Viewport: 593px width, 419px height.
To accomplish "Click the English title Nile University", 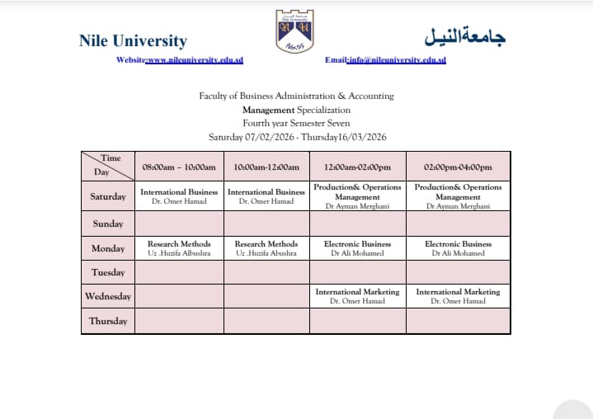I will (133, 40).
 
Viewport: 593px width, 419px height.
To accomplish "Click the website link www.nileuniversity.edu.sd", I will (194, 60).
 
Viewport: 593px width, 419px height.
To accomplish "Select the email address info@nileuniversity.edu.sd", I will (397, 60).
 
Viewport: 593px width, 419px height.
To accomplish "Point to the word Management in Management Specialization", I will (268, 110).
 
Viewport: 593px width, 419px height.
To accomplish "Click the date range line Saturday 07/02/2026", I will (297, 137).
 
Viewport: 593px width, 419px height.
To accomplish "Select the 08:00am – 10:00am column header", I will (179, 167).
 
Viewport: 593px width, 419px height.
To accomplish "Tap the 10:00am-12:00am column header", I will (266, 167).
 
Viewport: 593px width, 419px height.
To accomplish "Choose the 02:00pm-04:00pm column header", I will (458, 167).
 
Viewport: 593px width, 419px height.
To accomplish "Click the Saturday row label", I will (108, 196).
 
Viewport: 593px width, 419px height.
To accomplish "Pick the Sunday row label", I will (108, 224).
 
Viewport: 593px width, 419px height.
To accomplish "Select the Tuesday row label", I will (108, 272).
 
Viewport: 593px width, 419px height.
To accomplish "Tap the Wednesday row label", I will (108, 296).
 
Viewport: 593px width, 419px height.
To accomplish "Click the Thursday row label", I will (108, 321).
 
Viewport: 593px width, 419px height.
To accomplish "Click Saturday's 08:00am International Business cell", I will (179, 196).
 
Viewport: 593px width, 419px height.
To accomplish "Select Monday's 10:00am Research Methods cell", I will (266, 248).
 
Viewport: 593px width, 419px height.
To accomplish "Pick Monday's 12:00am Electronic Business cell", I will (357, 248).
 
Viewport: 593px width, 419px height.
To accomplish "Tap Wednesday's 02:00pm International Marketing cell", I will (458, 296).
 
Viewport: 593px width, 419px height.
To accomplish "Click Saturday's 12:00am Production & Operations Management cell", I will (357, 196).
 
